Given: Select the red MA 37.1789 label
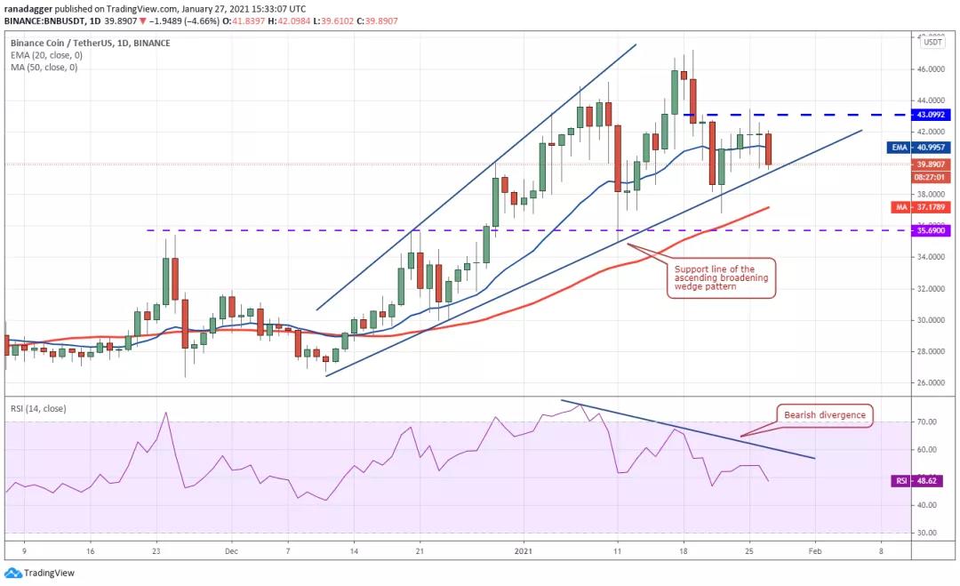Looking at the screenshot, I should (924, 206).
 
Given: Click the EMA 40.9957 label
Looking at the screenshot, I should (921, 148).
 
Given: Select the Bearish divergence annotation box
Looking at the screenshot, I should (824, 414).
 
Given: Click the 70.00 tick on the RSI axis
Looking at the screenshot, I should (929, 422).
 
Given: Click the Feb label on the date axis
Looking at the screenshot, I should (814, 551).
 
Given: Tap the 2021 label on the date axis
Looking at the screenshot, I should (524, 551).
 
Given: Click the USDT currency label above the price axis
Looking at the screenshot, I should (932, 42).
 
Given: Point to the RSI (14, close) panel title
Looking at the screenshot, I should (39, 409).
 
